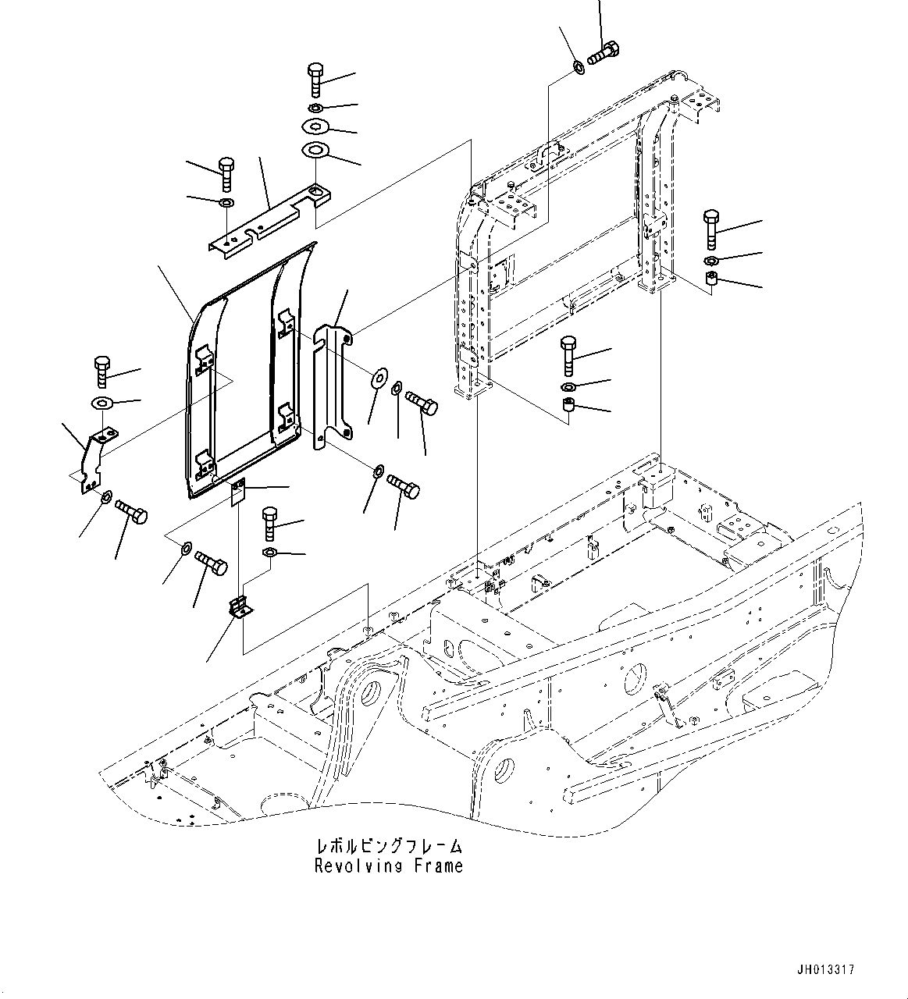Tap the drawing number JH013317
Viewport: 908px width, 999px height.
tap(825, 969)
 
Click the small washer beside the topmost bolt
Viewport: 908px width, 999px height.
tap(579, 67)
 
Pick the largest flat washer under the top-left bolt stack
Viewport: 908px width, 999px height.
tap(315, 150)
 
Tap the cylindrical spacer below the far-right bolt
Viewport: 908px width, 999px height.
tap(711, 280)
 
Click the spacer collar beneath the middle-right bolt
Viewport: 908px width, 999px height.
tap(568, 406)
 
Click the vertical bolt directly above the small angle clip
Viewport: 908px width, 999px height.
tap(269, 522)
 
